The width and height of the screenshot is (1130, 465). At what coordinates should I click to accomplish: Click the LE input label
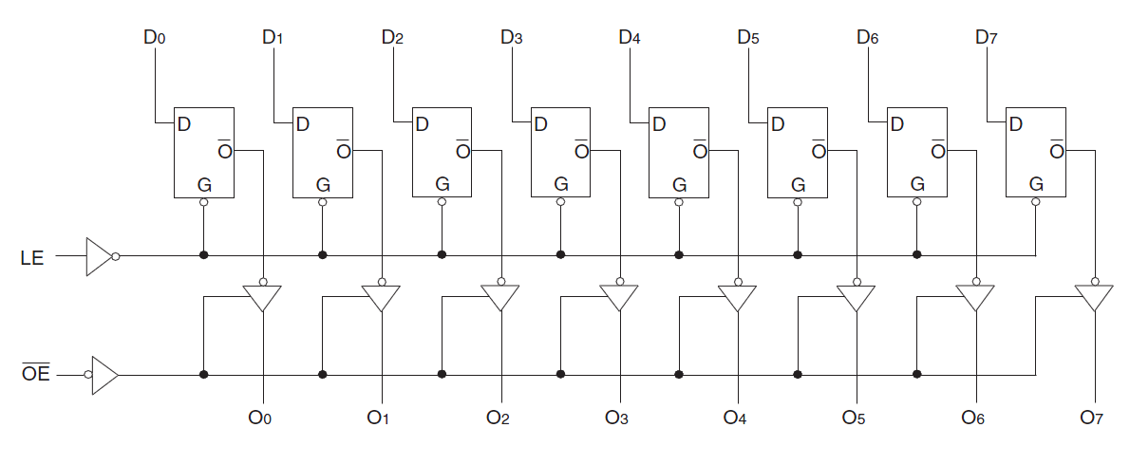[x=32, y=257]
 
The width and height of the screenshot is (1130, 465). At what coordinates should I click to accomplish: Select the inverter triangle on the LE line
[x=99, y=256]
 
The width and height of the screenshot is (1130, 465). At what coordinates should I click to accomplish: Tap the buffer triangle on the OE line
[x=104, y=375]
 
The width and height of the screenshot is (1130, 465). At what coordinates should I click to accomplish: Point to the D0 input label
[x=155, y=38]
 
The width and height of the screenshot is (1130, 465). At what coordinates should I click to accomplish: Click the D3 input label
[x=511, y=38]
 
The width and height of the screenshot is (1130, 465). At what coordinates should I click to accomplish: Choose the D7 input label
[x=987, y=38]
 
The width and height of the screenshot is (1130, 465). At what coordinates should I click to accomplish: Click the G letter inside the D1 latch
[x=323, y=184]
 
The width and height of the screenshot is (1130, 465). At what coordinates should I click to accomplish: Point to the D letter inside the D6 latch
[x=896, y=123]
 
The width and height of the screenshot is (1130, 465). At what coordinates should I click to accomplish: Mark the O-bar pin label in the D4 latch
[x=700, y=149]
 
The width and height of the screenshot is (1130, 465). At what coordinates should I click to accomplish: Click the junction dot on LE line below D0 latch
[x=204, y=255]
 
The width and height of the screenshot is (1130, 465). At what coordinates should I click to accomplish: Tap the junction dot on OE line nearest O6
[x=916, y=375]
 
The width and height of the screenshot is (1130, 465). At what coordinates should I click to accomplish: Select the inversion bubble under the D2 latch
[x=442, y=203]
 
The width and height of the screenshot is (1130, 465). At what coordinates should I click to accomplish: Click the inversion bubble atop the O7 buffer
[x=1095, y=281]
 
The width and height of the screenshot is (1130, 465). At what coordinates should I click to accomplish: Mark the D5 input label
[x=748, y=38]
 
